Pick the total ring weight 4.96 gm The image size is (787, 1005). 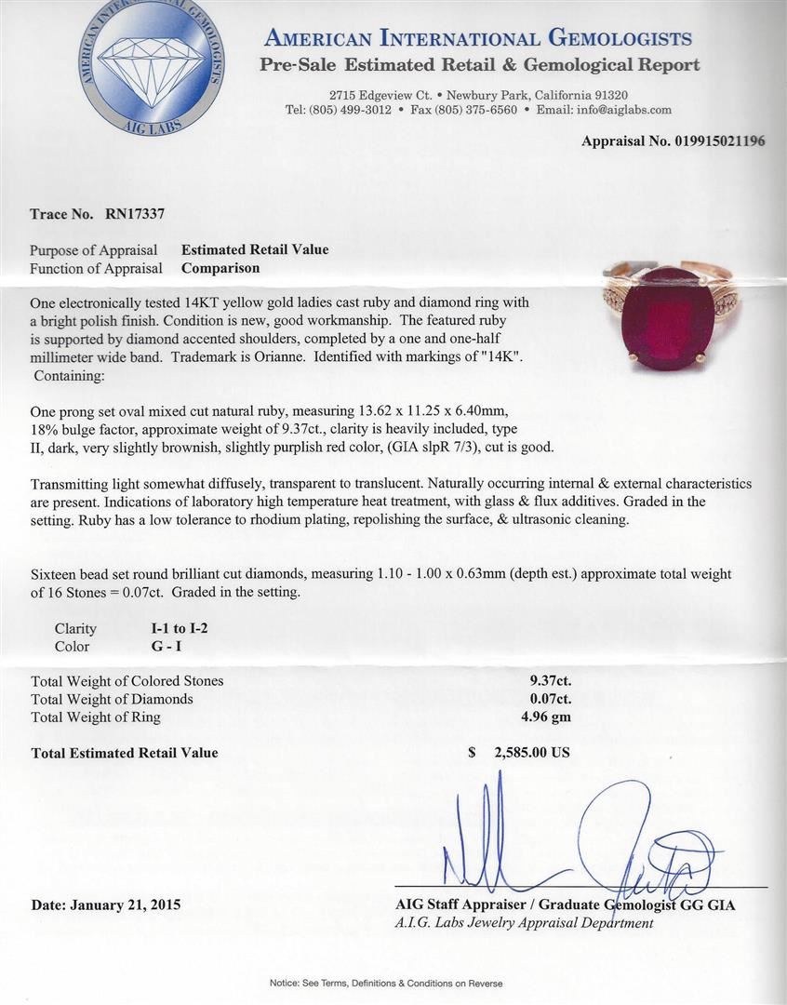pos(550,717)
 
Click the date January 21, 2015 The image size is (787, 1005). pos(105,904)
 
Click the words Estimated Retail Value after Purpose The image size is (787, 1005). pos(254,249)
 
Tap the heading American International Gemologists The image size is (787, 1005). pos(478,38)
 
